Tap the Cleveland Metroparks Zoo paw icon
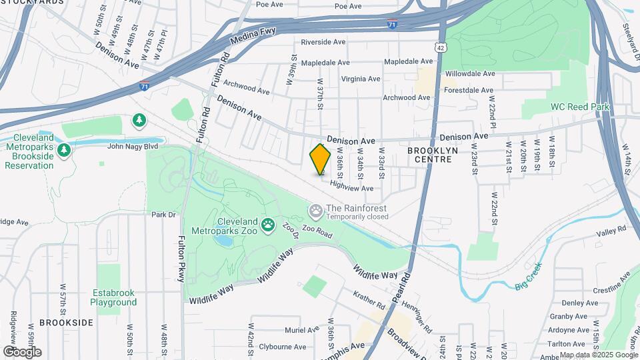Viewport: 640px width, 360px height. pyautogui.click(x=268, y=225)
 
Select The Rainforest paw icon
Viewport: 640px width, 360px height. pyautogui.click(x=315, y=212)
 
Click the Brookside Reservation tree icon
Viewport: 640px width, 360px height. pyautogui.click(x=64, y=149)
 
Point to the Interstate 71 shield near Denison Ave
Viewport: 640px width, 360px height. pyautogui.click(x=145, y=86)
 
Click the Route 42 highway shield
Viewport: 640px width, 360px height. pyautogui.click(x=440, y=47)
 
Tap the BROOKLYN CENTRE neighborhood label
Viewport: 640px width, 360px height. pyautogui.click(x=433, y=155)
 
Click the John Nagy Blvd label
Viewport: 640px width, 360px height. pyautogui.click(x=132, y=146)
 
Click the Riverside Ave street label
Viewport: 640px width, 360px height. pyautogui.click(x=323, y=42)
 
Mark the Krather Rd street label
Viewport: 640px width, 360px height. pyautogui.click(x=371, y=301)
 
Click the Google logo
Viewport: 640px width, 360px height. pyautogui.click(x=22, y=351)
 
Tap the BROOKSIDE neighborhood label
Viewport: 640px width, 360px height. pyautogui.click(x=66, y=322)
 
